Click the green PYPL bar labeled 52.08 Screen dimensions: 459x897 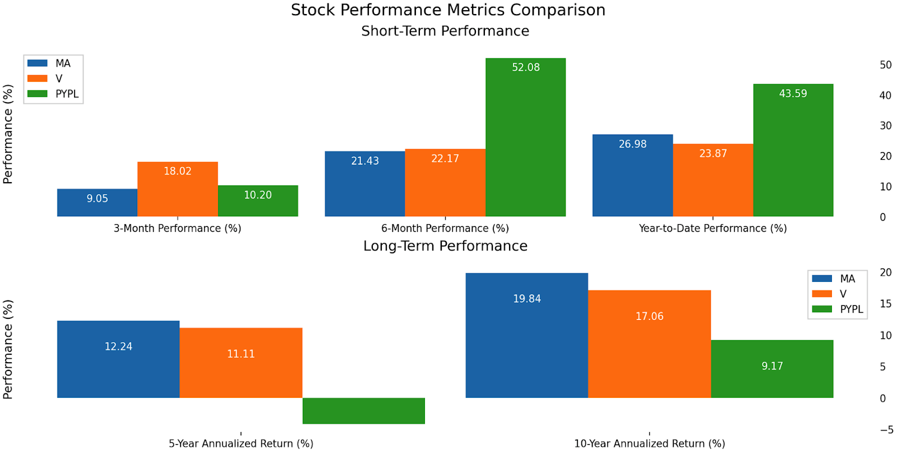click(525, 137)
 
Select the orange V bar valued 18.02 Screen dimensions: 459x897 click(178, 189)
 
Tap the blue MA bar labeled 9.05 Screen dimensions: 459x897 click(97, 202)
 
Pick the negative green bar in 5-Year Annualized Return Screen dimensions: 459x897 click(363, 411)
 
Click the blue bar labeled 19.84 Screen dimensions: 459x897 click(526, 335)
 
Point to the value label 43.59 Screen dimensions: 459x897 click(793, 94)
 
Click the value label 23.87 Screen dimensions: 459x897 click(713, 154)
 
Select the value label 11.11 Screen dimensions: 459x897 click(241, 354)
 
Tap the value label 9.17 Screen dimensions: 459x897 click(772, 366)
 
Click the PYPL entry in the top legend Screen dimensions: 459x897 click(66, 94)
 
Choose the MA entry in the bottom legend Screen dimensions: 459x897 click(847, 279)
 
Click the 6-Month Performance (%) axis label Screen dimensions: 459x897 click(445, 228)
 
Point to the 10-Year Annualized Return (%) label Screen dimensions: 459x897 click(649, 443)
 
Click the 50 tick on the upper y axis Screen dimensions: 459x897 click(885, 65)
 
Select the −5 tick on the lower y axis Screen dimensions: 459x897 click(886, 430)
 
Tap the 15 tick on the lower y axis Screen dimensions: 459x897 click(885, 304)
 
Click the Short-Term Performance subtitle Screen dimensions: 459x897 click(445, 31)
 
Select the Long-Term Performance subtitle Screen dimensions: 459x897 click(445, 246)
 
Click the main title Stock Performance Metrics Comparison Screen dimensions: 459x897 click(448, 10)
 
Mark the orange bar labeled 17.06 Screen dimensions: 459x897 click(649, 344)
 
